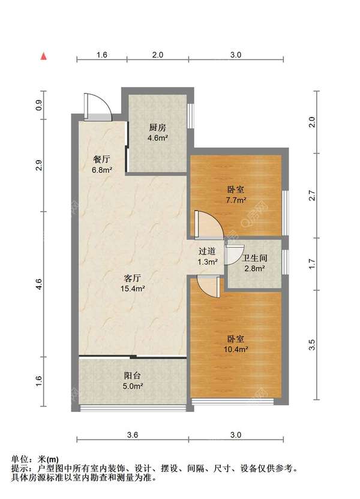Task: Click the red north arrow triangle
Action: click(44, 56)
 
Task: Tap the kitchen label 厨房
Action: click(158, 128)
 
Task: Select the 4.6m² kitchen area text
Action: click(158, 138)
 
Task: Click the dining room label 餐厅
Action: click(101, 160)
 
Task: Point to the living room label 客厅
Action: click(133, 278)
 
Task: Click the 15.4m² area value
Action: click(133, 289)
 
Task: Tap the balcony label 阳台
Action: click(133, 376)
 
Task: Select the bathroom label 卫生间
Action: click(254, 258)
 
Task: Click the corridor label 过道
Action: click(207, 251)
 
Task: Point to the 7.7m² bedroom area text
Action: click(236, 200)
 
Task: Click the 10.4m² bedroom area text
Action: click(236, 350)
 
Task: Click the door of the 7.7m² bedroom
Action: click(209, 224)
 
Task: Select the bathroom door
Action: click(234, 254)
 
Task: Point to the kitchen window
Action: click(190, 116)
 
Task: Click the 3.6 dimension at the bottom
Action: click(133, 435)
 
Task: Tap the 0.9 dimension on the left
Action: click(39, 105)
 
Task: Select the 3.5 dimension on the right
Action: click(312, 345)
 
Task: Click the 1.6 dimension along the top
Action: click(101, 55)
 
